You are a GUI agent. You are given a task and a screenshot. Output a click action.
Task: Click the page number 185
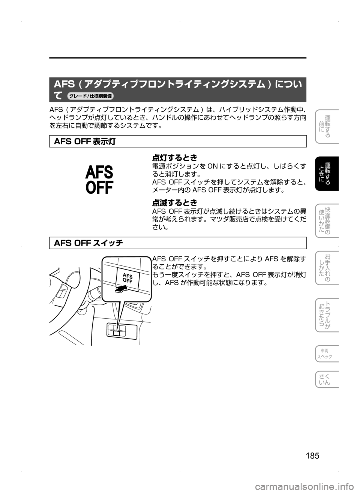[x=312, y=456]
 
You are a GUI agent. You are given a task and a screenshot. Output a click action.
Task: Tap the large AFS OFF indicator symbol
[x=99, y=180]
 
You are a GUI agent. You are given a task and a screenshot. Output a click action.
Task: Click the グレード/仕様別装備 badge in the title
[x=90, y=96]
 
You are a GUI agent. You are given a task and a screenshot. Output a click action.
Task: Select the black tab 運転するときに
[x=327, y=174]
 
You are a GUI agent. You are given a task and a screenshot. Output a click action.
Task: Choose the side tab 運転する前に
[x=327, y=127]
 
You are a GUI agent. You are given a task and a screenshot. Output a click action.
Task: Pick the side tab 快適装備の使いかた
[x=327, y=220]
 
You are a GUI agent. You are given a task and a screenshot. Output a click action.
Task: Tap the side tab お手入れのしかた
[x=327, y=268]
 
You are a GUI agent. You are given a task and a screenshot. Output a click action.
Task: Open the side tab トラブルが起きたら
[x=327, y=315]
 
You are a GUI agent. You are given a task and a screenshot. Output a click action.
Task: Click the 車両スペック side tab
[x=327, y=354]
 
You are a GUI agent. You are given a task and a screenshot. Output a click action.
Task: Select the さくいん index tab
[x=327, y=379]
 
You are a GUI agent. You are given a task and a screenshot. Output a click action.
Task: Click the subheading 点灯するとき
[x=175, y=158]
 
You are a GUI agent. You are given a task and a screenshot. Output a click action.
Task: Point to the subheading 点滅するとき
[x=175, y=202]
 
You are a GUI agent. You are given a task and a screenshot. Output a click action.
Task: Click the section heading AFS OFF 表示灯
[x=85, y=141]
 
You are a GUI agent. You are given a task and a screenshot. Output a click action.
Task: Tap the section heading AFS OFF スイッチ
[x=88, y=243]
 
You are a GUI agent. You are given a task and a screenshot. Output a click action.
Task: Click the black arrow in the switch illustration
[x=121, y=288]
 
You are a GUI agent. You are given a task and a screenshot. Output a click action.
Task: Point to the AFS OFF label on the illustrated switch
[x=127, y=278]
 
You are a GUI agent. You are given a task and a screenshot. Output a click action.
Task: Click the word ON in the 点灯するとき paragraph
[x=212, y=166]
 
